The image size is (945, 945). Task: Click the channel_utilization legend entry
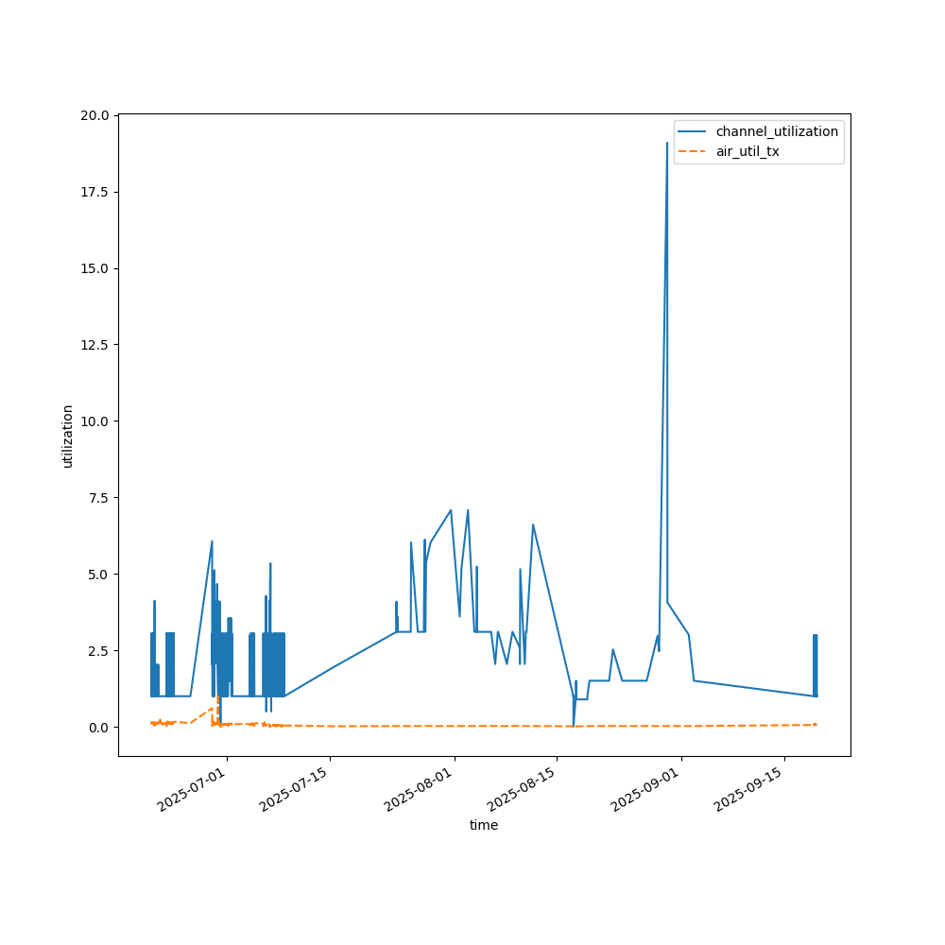click(777, 131)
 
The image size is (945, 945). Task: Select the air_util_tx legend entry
click(747, 151)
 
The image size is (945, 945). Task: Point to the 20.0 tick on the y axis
click(95, 115)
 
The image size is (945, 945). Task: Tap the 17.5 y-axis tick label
click(95, 192)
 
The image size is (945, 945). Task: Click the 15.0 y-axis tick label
click(95, 268)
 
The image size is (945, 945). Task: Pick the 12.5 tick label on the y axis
click(95, 345)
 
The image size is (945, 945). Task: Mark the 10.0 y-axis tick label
click(95, 421)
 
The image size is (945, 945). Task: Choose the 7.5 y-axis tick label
click(99, 498)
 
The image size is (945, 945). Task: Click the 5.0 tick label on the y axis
click(99, 575)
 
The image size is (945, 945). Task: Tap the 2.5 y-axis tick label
click(99, 651)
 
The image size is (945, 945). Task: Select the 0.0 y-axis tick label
click(99, 728)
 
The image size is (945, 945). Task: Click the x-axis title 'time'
click(484, 825)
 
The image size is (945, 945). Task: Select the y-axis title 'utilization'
click(67, 436)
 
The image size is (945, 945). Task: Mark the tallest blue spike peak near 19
click(667, 144)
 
